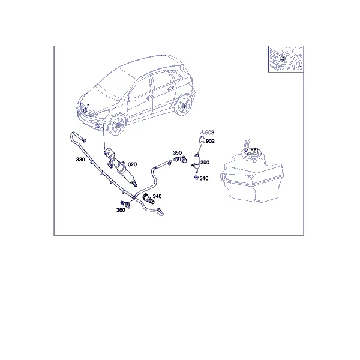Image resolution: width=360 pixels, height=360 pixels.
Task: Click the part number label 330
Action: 80,160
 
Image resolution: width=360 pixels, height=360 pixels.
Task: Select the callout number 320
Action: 132,164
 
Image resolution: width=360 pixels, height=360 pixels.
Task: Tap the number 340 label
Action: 157,196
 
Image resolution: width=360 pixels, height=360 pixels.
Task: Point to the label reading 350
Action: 177,152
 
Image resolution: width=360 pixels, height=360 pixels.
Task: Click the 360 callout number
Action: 121,210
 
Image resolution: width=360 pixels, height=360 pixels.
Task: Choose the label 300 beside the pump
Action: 205,163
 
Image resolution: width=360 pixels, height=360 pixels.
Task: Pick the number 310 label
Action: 204,178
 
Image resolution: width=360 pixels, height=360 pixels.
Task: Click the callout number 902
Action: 210,141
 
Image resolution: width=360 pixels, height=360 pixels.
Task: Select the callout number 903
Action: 209,133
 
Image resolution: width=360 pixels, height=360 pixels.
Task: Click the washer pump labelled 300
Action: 196,163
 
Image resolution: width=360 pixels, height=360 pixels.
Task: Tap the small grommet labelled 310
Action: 197,178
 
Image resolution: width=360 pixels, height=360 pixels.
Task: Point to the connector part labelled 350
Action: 181,159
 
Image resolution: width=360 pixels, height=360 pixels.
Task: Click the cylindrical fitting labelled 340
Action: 149,199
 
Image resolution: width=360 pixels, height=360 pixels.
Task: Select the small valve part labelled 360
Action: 125,204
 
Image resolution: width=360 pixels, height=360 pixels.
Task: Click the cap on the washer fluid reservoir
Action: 251,152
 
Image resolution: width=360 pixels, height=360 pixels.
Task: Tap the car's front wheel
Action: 118,125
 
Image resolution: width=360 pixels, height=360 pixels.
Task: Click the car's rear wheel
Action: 184,105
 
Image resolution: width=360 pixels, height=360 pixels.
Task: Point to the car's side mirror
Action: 132,99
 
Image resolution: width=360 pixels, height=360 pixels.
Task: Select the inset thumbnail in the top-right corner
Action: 286,59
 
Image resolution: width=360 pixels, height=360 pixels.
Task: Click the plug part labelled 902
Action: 202,139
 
